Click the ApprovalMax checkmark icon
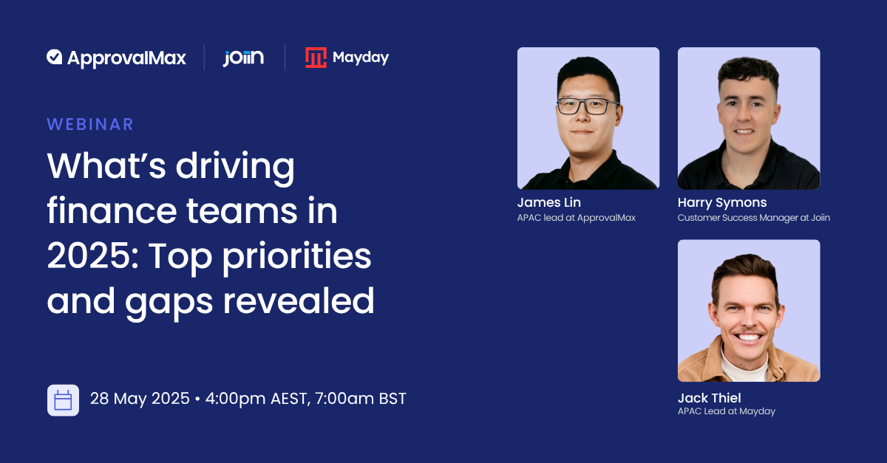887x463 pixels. coord(54,57)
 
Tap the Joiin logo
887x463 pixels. coord(243,58)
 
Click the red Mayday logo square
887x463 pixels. coord(316,58)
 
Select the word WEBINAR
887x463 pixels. coord(90,124)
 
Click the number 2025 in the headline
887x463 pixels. coord(92,256)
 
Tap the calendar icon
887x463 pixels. coord(63,400)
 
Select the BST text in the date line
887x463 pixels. coord(392,399)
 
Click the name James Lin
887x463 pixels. coord(548,202)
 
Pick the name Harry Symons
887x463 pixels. coord(722,202)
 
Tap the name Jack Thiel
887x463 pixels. coord(709,398)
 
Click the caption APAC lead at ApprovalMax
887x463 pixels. coord(576,218)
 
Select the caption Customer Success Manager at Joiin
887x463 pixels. coord(753,218)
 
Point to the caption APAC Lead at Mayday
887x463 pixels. coord(726,411)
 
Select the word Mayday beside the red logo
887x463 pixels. coord(361,58)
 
